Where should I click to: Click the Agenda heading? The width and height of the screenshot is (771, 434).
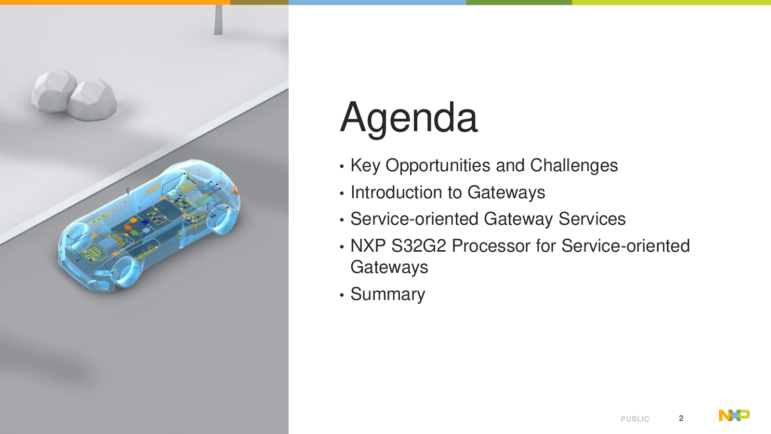pos(409,118)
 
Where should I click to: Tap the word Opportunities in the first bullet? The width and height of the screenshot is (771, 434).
pos(438,166)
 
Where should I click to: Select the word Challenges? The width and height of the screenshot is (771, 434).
pos(574,165)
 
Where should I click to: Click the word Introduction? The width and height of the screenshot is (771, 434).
pos(396,192)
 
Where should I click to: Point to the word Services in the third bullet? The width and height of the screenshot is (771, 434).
pos(592,219)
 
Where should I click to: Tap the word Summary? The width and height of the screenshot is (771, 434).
pos(388,295)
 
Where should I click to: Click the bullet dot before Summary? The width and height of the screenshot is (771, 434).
pos(342,295)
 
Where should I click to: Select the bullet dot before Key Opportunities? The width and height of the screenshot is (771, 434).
pos(342,166)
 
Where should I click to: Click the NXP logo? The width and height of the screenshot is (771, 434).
pos(734,415)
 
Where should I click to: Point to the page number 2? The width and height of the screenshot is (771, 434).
pos(681,418)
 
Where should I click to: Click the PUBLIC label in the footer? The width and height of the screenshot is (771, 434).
pos(635,419)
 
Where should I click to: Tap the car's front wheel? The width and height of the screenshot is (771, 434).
pos(126,272)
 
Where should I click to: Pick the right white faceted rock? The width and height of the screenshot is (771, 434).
pos(92,99)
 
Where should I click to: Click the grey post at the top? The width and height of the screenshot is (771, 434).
pos(218,20)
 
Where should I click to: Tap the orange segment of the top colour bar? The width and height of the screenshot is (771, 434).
pos(115,2)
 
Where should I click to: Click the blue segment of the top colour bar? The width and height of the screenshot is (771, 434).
pos(377,2)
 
